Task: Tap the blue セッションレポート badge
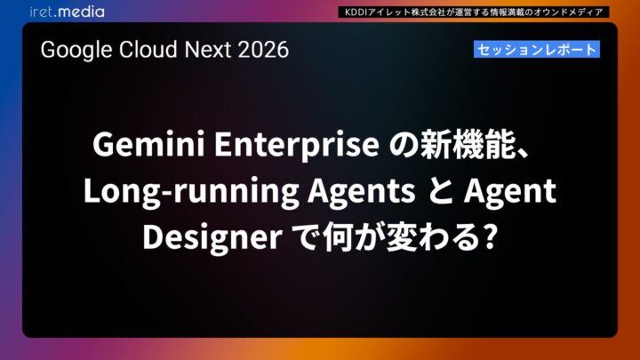536,50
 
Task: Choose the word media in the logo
82,12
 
